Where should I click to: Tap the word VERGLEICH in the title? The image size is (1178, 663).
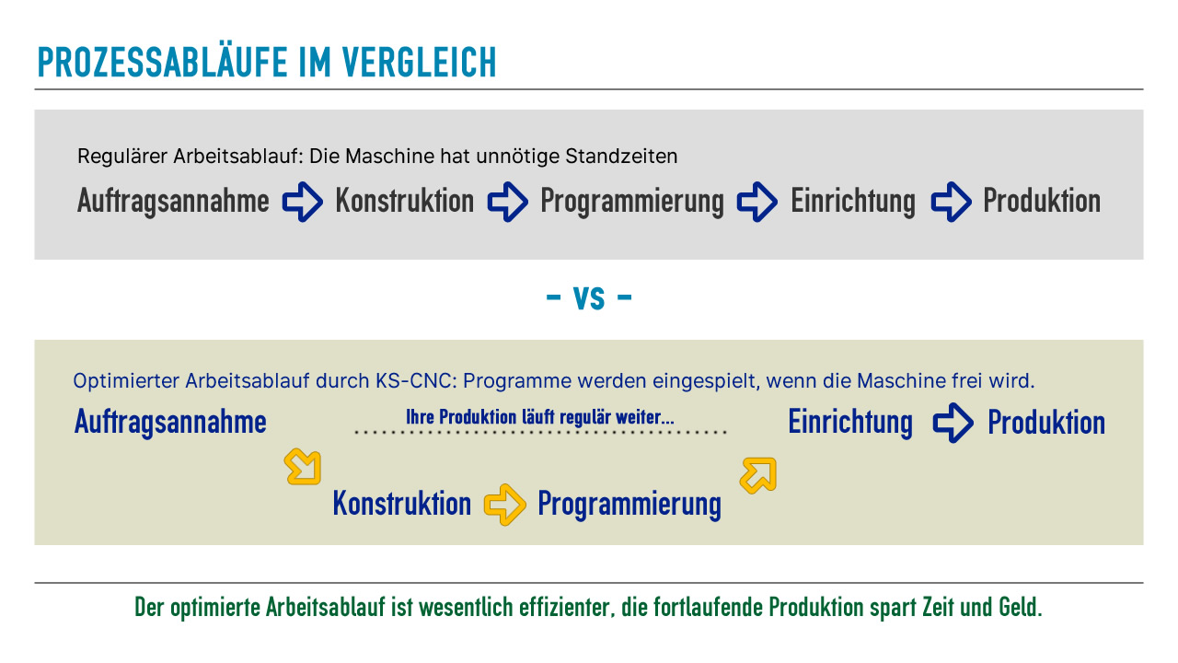coord(419,62)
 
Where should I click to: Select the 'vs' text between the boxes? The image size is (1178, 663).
coord(589,297)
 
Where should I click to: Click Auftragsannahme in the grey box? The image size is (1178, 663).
coord(173,202)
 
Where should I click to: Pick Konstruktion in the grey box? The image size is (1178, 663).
coord(404,201)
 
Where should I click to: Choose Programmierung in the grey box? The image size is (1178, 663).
coord(632,202)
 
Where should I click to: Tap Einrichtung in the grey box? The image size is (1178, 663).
coord(853,202)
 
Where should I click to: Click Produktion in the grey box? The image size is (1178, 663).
coord(1042,201)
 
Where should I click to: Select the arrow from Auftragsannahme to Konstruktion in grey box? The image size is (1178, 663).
coord(303,202)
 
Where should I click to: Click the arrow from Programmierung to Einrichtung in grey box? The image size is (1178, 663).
coord(757,202)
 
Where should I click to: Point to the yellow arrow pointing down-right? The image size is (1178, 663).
coord(303,467)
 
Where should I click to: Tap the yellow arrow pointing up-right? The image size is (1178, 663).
coord(757,475)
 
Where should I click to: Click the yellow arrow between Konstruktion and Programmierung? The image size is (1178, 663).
coord(505,505)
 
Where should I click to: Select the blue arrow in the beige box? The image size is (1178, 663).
coord(953,423)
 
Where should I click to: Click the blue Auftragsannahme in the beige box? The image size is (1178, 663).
coord(170,423)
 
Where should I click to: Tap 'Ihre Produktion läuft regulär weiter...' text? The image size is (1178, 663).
coord(540,417)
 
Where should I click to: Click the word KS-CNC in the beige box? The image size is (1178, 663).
coord(416,381)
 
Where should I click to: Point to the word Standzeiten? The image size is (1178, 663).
coord(621,157)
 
